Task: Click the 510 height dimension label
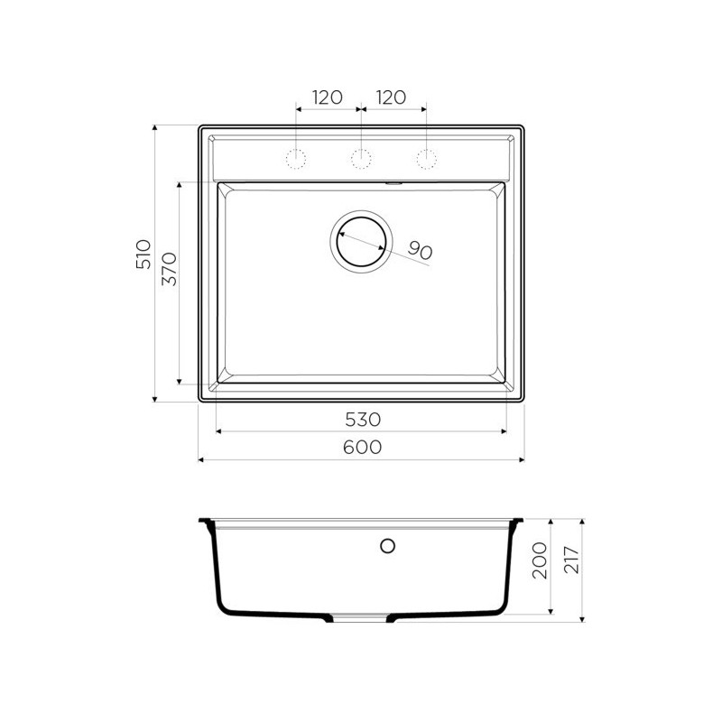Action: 143,255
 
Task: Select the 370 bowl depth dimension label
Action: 170,269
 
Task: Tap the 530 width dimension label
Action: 363,420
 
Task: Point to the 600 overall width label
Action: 363,447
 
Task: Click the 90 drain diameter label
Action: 420,251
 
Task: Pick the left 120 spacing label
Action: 328,97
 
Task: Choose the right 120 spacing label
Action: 391,97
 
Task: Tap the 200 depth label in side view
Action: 539,560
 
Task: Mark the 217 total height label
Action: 571,560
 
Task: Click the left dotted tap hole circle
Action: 296,159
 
